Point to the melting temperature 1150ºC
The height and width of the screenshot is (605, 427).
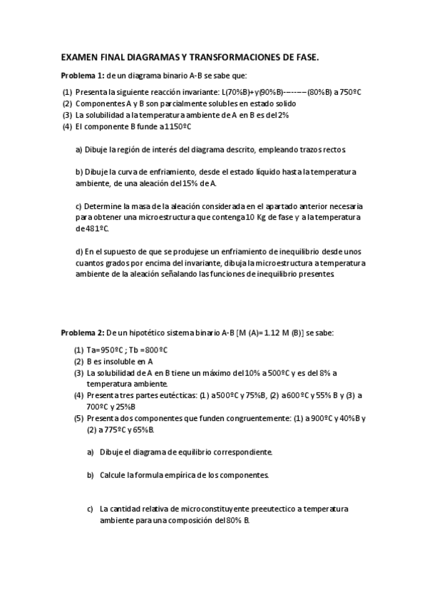175,126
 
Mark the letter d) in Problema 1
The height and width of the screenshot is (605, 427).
78,252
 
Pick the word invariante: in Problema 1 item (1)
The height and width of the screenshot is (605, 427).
197,92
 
